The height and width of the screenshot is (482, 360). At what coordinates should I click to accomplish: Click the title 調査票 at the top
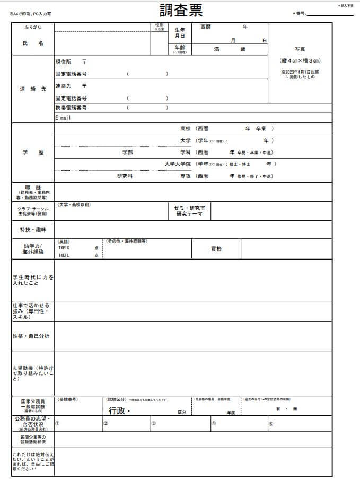pos(181,10)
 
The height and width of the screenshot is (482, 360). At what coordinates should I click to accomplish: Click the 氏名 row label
pos(33,43)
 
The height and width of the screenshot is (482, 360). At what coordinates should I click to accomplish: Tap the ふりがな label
pos(33,27)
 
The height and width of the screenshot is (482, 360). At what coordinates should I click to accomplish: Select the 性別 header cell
pos(159,26)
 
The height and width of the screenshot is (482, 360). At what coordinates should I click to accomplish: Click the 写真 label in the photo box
pos(300,49)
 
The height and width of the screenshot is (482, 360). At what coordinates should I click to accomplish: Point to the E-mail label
pos(63,118)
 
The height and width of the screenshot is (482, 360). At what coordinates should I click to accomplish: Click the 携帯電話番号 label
pos(71,108)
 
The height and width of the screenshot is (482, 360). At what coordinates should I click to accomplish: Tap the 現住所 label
pos(64,63)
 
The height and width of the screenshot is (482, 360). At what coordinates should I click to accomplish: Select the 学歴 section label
pos(33,153)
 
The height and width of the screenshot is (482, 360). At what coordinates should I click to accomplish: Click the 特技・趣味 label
pos(33,230)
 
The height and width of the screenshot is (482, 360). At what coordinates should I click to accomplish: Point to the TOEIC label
pos(64,248)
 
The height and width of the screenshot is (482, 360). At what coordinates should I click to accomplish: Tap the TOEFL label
pos(64,255)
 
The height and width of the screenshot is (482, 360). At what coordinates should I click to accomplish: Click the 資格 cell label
pos(216,249)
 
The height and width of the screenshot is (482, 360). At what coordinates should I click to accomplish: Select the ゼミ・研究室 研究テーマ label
pos(189,211)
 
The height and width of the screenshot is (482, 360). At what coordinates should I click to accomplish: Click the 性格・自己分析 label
pos(31,336)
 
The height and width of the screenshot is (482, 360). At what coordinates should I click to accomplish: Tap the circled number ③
pos(153,423)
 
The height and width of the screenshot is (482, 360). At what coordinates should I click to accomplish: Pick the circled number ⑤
pos(271,423)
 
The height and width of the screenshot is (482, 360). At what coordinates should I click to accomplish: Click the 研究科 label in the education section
pos(125,176)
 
